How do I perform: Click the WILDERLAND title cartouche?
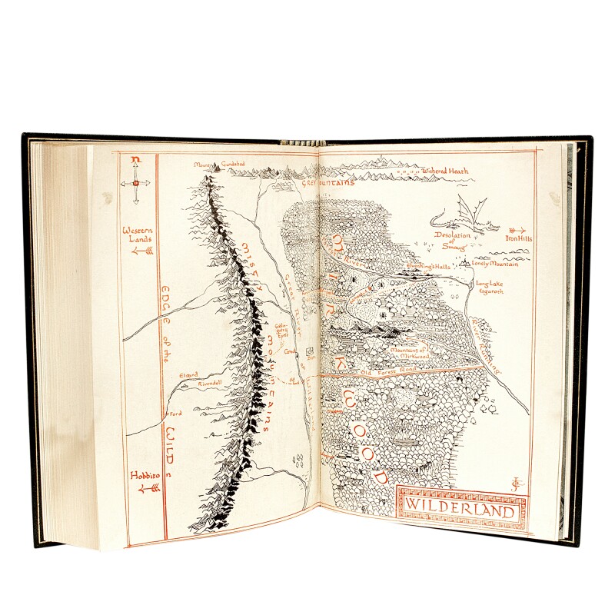point(463,505)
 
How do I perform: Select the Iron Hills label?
point(519,238)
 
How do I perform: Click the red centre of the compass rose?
point(136,183)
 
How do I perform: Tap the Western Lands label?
point(135,233)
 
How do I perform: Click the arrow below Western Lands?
point(136,250)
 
